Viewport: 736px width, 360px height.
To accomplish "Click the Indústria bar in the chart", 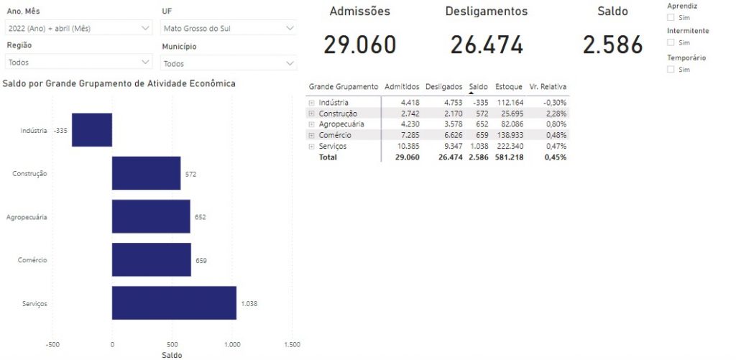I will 92,130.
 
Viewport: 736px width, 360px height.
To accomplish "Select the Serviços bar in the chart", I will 174,303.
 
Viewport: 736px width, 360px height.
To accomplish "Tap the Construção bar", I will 146,173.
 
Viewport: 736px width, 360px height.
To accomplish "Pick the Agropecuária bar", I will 151,216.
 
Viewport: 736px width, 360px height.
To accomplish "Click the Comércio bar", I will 151,259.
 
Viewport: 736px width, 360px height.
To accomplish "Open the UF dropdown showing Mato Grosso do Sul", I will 229,28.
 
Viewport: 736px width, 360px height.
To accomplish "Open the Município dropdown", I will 229,63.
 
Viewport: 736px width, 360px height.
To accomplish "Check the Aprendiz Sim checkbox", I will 671,17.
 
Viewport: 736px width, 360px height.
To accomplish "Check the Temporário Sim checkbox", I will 671,70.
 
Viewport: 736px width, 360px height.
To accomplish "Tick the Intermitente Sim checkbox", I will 671,43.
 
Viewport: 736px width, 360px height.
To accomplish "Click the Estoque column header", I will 509,86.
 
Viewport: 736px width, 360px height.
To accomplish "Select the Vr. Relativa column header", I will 548,86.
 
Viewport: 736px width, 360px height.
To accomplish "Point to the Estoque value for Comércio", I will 509,135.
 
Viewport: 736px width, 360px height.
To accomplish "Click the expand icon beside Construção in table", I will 312,114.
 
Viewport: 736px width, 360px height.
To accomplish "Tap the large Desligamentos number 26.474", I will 487,45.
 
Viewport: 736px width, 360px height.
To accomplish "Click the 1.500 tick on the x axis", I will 292,344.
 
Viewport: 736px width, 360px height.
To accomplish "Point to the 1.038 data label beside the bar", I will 249,303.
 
